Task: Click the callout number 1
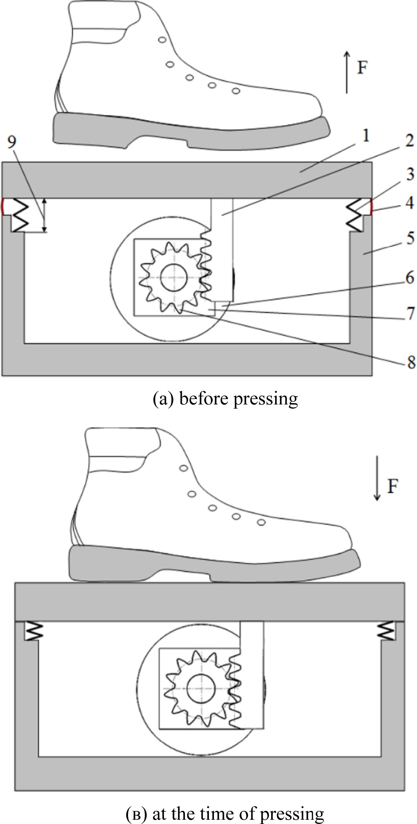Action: click(x=366, y=136)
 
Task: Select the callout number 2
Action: click(x=409, y=140)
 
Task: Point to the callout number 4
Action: click(x=410, y=202)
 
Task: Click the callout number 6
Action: click(x=410, y=278)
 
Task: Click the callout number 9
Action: click(x=12, y=142)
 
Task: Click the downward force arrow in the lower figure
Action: click(x=378, y=478)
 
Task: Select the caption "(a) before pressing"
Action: click(x=225, y=399)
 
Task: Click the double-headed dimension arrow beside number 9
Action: click(x=44, y=215)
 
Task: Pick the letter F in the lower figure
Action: click(x=393, y=486)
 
